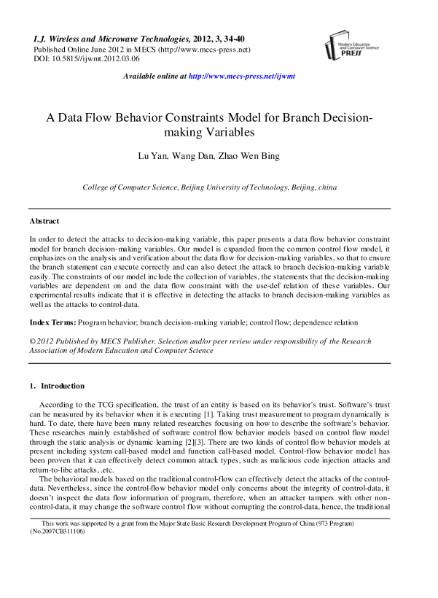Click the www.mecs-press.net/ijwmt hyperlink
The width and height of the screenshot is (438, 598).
[241, 76]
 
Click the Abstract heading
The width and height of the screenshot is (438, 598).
[44, 220]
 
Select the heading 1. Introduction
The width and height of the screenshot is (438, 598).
[57, 386]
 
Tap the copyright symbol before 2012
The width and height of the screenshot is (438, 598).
[33, 341]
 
